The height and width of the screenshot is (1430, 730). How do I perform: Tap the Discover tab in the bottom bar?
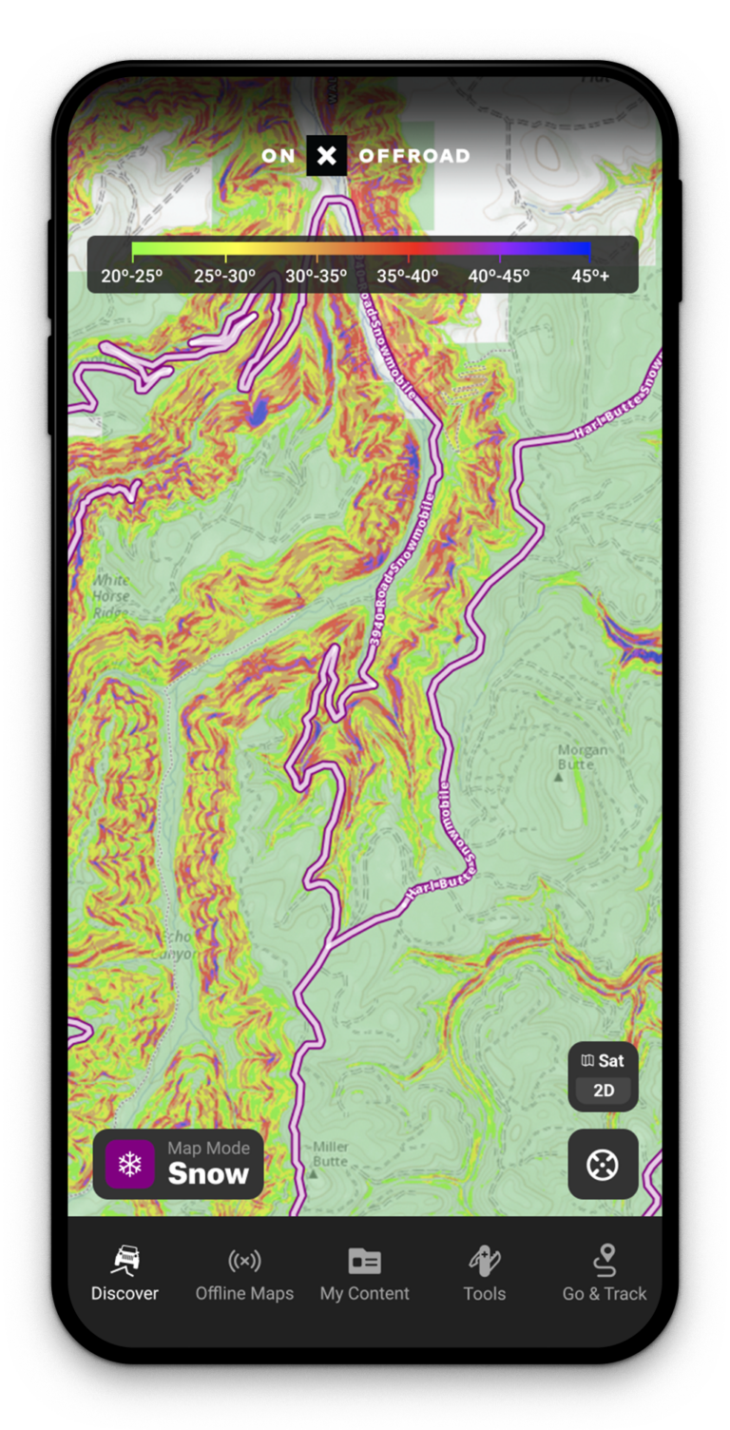tap(125, 1274)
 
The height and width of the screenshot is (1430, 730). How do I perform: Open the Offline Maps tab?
tap(244, 1274)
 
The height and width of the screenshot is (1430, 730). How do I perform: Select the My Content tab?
tap(364, 1274)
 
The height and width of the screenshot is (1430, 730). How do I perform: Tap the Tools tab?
tap(484, 1274)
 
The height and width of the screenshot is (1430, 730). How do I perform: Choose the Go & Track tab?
tap(604, 1274)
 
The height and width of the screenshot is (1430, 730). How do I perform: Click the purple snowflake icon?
tap(130, 1164)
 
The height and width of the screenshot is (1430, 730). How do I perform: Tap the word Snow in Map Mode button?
tap(208, 1174)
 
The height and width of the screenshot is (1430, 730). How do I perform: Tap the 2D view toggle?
tap(604, 1091)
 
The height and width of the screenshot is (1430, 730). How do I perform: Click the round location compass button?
tap(603, 1164)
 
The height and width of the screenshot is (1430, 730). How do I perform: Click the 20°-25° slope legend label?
tap(132, 276)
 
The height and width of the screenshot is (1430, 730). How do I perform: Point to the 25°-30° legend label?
tap(224, 276)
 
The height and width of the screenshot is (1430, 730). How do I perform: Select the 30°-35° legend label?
tap(317, 276)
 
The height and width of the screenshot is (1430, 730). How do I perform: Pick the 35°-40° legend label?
tap(408, 276)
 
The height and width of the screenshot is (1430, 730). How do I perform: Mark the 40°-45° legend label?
tap(499, 276)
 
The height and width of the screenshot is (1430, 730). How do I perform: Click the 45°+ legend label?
tap(590, 276)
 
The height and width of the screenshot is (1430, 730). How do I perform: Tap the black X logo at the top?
tap(326, 156)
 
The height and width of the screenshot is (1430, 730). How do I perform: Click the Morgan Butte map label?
tap(583, 757)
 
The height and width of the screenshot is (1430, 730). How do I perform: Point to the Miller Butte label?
tap(330, 1154)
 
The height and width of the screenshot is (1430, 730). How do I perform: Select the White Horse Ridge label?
tap(111, 596)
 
